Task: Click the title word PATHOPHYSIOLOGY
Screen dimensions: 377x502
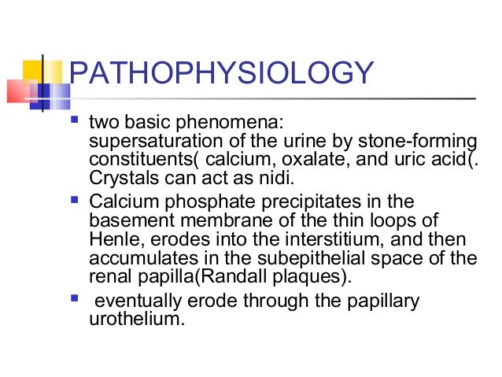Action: tap(220, 75)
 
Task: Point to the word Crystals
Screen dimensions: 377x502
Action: tap(120, 176)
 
